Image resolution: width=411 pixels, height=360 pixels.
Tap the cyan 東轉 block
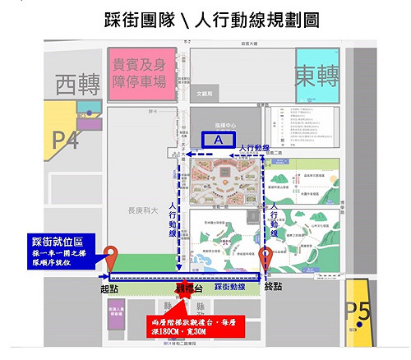(317, 73)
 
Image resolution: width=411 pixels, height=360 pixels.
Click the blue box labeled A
(218, 141)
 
